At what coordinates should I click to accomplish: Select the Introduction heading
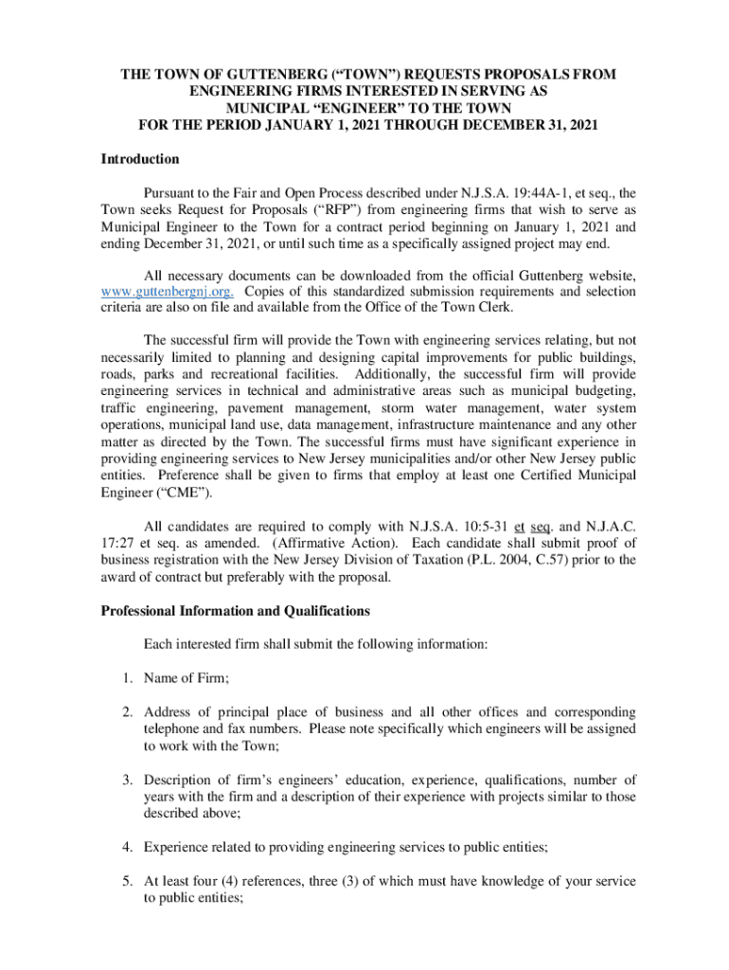(140, 159)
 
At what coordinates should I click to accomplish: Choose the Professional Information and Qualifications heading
(235, 610)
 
